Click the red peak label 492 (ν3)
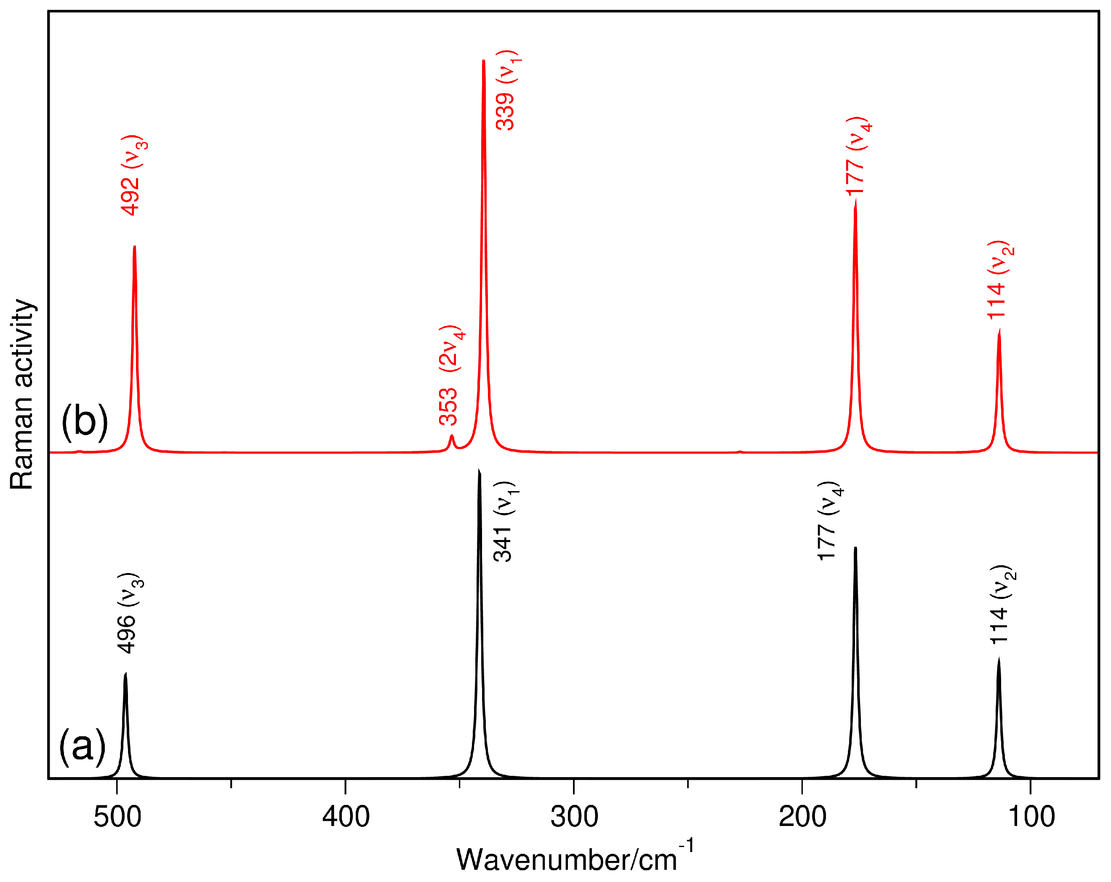[x=133, y=175]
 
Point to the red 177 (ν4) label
[x=858, y=156]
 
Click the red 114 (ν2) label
[x=1000, y=280]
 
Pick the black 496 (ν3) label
[x=129, y=613]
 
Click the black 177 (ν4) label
[x=830, y=521]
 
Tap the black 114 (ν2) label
[x=1002, y=605]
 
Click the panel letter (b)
[x=85, y=421]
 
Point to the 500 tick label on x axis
[x=117, y=817]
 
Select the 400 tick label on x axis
[x=346, y=817]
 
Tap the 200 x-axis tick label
[x=802, y=817]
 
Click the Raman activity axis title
[x=21, y=394]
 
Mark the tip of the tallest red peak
[x=483, y=61]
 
